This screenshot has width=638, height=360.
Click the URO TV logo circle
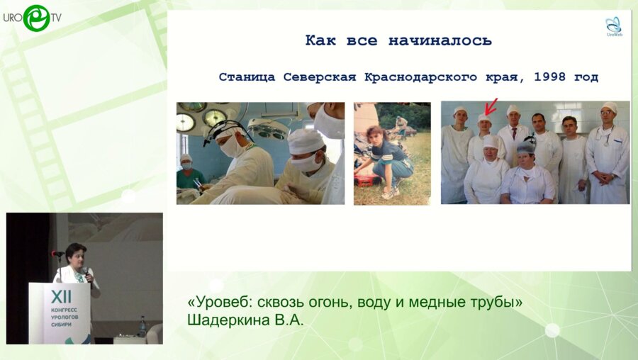point(35,18)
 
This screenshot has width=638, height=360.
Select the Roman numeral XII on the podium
point(60,294)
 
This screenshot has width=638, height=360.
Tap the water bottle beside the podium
point(142,326)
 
